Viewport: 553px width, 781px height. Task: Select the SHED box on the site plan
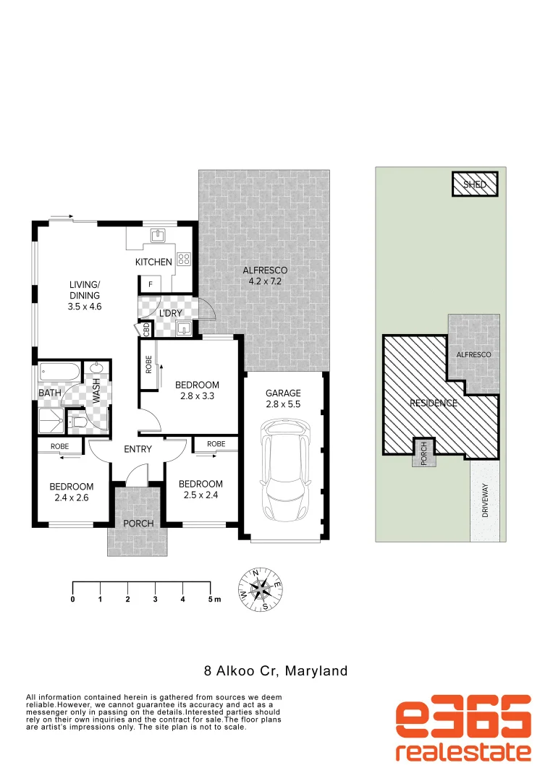[x=475, y=184]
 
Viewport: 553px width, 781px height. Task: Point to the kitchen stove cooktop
[x=184, y=258]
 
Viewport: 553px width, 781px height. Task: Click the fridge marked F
[x=151, y=285]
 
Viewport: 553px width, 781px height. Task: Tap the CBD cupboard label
[x=147, y=330]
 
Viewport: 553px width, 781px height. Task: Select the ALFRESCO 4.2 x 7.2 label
[x=265, y=276]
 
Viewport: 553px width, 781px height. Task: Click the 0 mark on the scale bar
[x=72, y=599]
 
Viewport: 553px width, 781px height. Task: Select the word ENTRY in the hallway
[x=138, y=449]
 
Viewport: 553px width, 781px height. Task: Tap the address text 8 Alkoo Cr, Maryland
[x=274, y=671]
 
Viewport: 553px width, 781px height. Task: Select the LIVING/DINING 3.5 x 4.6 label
[x=85, y=296]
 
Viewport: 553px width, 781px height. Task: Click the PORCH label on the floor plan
[x=138, y=524]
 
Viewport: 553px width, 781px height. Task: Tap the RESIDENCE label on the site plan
[x=434, y=403]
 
